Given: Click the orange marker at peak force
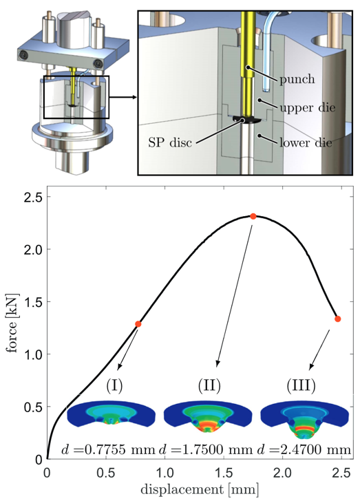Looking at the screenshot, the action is [x=253, y=216].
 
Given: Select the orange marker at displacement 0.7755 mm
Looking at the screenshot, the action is [x=138, y=324].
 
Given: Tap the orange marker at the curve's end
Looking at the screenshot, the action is [x=337, y=319].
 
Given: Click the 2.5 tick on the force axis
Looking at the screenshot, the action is [x=33, y=197].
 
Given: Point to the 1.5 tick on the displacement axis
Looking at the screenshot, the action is [x=224, y=473].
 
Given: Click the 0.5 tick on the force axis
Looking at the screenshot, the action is [x=33, y=407].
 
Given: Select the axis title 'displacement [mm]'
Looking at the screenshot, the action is [x=199, y=490].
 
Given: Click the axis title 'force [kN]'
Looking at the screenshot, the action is [x=13, y=323].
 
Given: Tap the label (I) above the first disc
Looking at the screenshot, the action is [x=114, y=386].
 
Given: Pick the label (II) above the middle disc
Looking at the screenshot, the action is [x=209, y=386].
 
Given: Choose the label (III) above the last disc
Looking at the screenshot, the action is [x=301, y=386].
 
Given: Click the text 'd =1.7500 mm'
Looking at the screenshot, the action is [x=206, y=450].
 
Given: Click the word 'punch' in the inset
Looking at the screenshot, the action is [x=297, y=79].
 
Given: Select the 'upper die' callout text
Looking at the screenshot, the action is [x=308, y=107].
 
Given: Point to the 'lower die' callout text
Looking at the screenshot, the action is [x=306, y=142].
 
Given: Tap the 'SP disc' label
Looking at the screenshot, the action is [x=170, y=142].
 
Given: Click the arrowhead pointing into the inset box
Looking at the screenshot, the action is [x=134, y=97].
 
